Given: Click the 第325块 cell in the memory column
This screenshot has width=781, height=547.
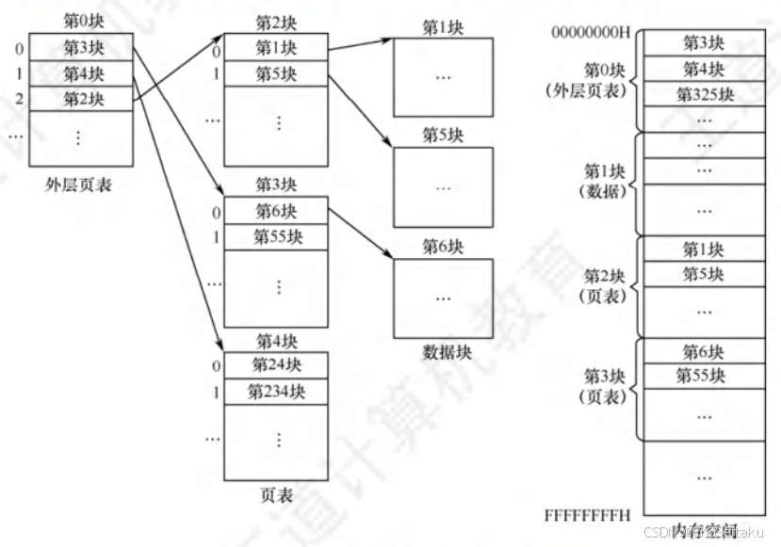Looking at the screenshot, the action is (x=704, y=94).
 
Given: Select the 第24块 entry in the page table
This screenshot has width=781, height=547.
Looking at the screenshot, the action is (x=275, y=365).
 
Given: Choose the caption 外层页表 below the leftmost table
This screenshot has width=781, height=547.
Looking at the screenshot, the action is (x=79, y=185).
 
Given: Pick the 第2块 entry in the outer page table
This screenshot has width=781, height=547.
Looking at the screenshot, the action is (x=83, y=98).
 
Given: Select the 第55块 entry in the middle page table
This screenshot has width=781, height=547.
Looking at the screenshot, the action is (x=275, y=236).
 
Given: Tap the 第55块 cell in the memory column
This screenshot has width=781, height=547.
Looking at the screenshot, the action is (x=704, y=376).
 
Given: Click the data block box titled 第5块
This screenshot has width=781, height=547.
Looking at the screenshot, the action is (x=443, y=186).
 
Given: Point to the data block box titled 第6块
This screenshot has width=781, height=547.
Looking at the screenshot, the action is (x=443, y=298).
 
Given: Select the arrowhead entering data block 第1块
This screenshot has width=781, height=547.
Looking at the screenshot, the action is (x=387, y=40).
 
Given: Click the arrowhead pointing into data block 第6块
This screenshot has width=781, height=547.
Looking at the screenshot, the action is (x=388, y=256).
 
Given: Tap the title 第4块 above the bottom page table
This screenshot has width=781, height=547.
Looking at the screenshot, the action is (x=275, y=341).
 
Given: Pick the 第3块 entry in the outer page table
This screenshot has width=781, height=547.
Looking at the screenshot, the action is (x=83, y=47).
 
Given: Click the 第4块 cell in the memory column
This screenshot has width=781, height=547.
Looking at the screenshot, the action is (x=704, y=69).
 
